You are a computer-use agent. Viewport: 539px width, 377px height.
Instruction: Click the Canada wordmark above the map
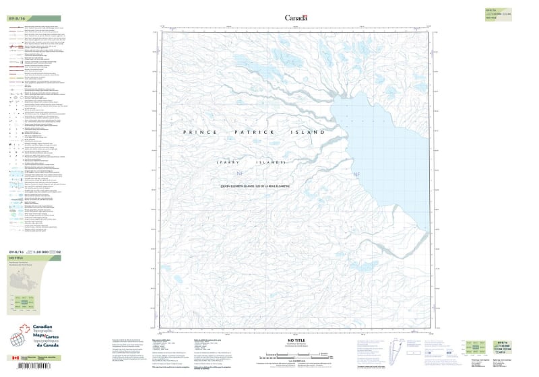coord(295,18)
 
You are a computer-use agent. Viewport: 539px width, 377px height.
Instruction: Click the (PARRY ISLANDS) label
coord(251,164)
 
